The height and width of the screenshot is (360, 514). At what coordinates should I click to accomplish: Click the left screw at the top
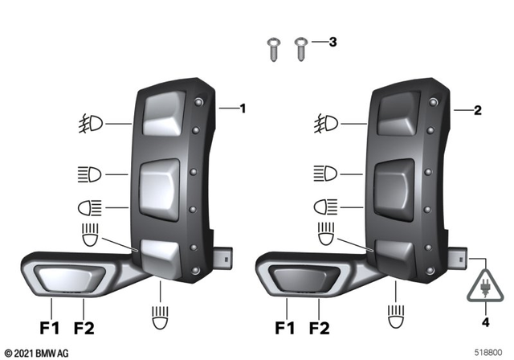[x=272, y=47]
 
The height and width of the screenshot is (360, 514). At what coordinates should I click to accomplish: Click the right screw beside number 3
[x=301, y=47]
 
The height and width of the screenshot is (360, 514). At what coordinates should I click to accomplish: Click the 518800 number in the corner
[x=488, y=353]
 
